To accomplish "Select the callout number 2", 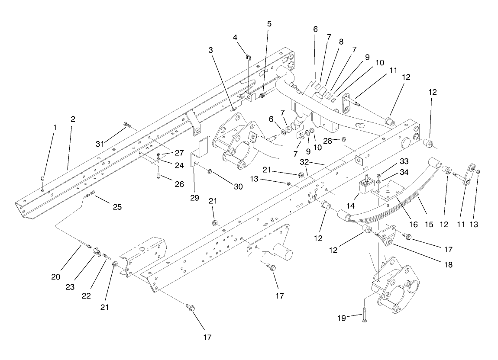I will [73, 119].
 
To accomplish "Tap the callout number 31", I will [100, 144].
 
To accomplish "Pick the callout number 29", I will [194, 198].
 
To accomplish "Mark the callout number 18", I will [448, 264].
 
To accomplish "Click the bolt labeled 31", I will [127, 125].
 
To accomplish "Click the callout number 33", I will [404, 161].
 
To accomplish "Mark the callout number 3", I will [211, 50].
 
